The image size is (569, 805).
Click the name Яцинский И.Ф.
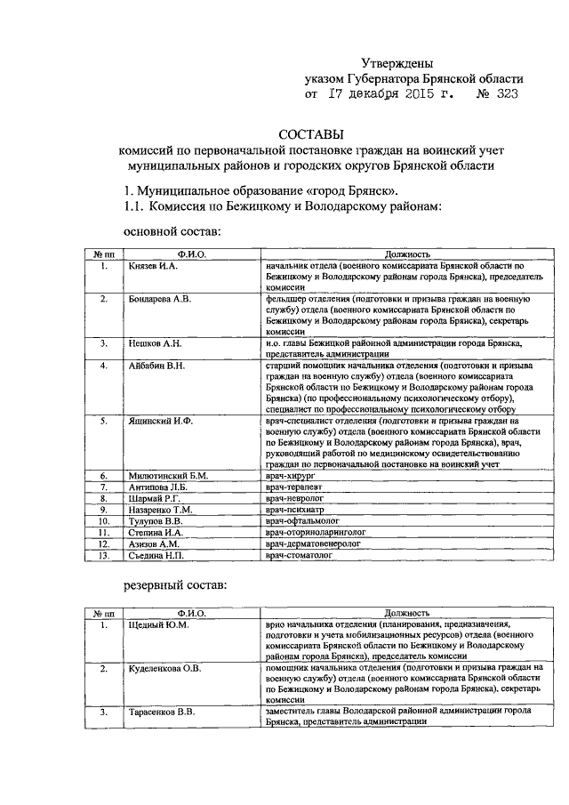coord(159,419)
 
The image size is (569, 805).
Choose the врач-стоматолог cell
coord(298,556)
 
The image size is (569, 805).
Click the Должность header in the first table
coord(407,255)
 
